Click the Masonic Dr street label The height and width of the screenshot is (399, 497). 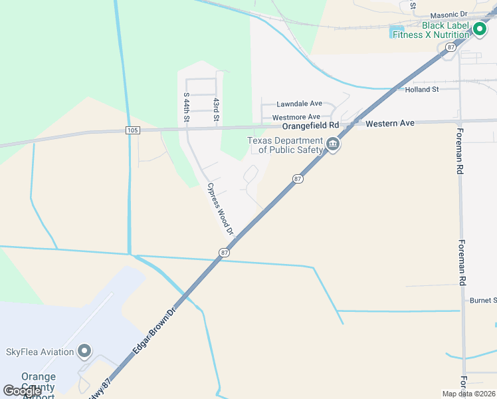click(448, 14)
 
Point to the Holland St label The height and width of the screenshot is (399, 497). click(422, 89)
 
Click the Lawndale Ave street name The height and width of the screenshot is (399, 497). click(299, 104)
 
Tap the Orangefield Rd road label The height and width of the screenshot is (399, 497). click(310, 125)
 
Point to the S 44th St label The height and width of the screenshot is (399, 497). click(187, 107)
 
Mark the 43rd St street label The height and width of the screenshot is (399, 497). click(216, 109)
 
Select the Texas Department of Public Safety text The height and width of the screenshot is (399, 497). click(285, 145)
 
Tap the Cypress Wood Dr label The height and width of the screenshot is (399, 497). click(220, 209)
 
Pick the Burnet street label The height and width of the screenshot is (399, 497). click(483, 301)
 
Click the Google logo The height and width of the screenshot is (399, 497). click(22, 391)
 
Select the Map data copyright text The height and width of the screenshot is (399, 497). click(468, 393)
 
